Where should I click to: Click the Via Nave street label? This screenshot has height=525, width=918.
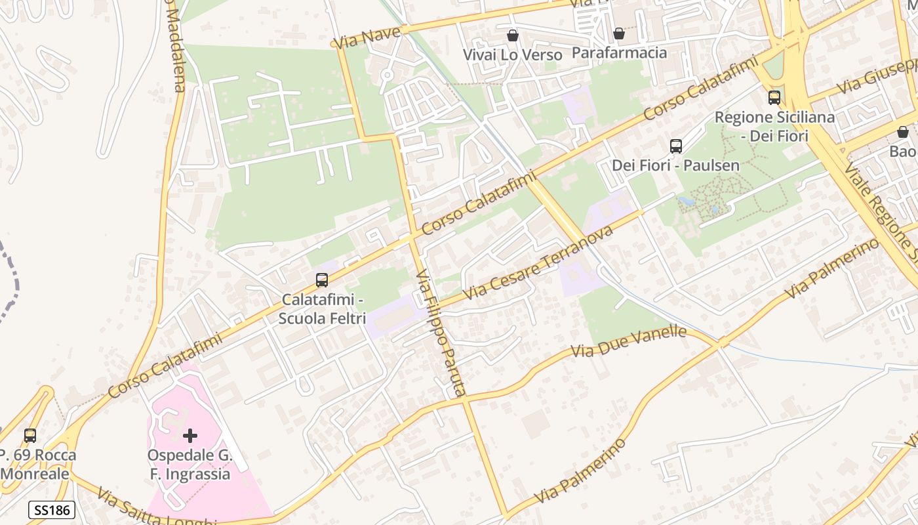click(x=367, y=37)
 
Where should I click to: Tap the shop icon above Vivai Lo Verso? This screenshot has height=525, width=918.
click(x=513, y=35)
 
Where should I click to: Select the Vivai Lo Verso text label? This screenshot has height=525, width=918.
click(x=513, y=55)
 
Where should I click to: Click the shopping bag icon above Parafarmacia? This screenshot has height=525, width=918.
click(x=618, y=33)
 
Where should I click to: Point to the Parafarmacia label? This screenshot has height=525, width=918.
click(x=619, y=52)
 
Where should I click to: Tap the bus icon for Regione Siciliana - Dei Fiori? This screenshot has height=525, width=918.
click(x=774, y=98)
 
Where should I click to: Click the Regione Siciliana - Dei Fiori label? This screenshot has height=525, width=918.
click(x=774, y=127)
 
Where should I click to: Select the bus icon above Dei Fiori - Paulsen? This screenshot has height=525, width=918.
click(x=676, y=146)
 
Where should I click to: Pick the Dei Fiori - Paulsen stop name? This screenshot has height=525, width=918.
click(x=675, y=165)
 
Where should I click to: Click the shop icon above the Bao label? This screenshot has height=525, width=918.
click(x=903, y=132)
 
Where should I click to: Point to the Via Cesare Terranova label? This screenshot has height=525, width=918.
click(x=538, y=262)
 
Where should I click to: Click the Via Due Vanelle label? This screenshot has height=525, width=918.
click(x=628, y=342)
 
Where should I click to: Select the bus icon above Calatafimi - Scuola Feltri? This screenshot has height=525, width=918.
click(x=322, y=280)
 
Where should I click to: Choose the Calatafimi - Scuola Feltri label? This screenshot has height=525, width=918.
click(x=322, y=309)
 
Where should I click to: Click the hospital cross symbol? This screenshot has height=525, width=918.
click(x=190, y=435)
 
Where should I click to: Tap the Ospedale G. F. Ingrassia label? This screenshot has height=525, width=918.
click(x=189, y=465)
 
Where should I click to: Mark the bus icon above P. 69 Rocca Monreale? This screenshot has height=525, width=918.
click(x=30, y=435)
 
